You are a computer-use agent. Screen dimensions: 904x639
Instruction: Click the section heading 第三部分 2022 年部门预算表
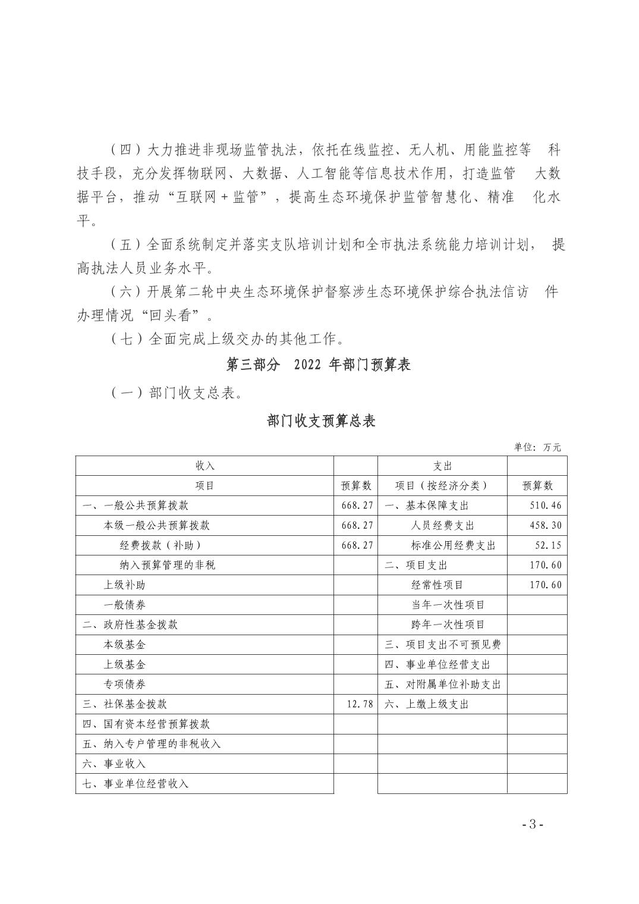tap(319, 365)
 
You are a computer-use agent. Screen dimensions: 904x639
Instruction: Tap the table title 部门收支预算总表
tap(322, 421)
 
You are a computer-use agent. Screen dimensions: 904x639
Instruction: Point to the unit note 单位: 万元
tap(537, 447)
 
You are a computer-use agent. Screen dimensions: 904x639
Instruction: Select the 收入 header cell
tap(204, 466)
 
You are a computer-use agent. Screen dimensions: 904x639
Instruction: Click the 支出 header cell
tap(442, 466)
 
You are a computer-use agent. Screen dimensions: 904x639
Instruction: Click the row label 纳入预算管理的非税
tap(168, 565)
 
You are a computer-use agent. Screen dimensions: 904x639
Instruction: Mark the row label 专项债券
tap(125, 684)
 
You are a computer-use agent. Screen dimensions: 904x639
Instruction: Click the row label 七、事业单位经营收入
tap(136, 783)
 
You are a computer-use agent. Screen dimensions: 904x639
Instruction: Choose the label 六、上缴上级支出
tap(427, 704)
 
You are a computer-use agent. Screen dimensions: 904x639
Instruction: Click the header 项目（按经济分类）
tap(442, 486)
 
